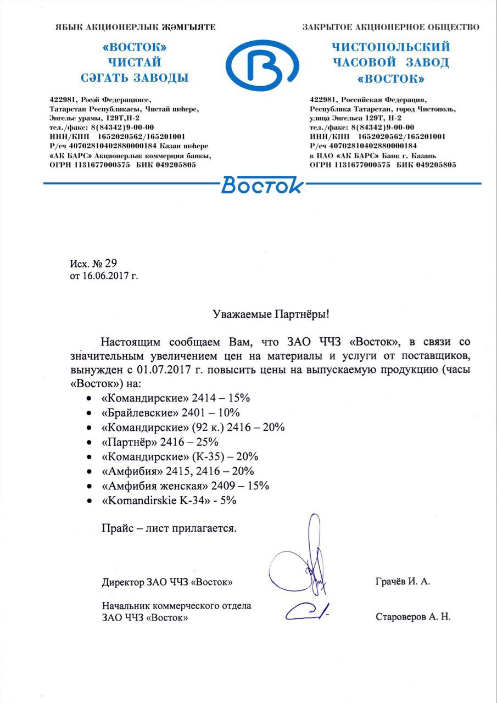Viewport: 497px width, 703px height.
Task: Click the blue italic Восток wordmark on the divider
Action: coord(262,186)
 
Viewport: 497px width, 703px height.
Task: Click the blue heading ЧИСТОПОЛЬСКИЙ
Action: coord(392,47)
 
